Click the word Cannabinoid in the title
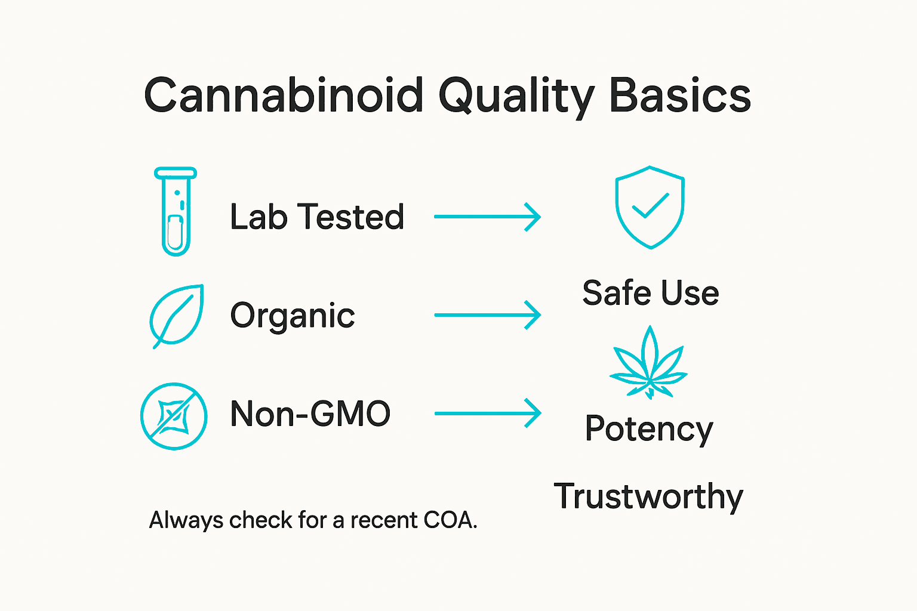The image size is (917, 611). [x=284, y=95]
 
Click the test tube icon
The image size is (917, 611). [x=176, y=212]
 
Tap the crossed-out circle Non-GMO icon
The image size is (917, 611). [x=174, y=416]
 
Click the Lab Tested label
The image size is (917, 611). [x=317, y=217]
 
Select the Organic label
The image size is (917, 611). [x=293, y=316]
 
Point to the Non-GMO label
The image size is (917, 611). [x=310, y=413]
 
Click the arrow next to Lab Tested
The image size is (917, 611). [x=487, y=217]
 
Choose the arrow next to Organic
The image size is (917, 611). [x=487, y=314]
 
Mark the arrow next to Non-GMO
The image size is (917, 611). [x=487, y=413]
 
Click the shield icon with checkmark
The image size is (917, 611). [x=650, y=207]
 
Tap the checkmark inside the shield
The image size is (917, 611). [x=650, y=206]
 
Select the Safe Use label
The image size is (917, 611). [x=650, y=293]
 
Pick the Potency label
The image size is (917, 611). [x=649, y=429]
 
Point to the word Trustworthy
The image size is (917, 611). [x=648, y=496]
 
